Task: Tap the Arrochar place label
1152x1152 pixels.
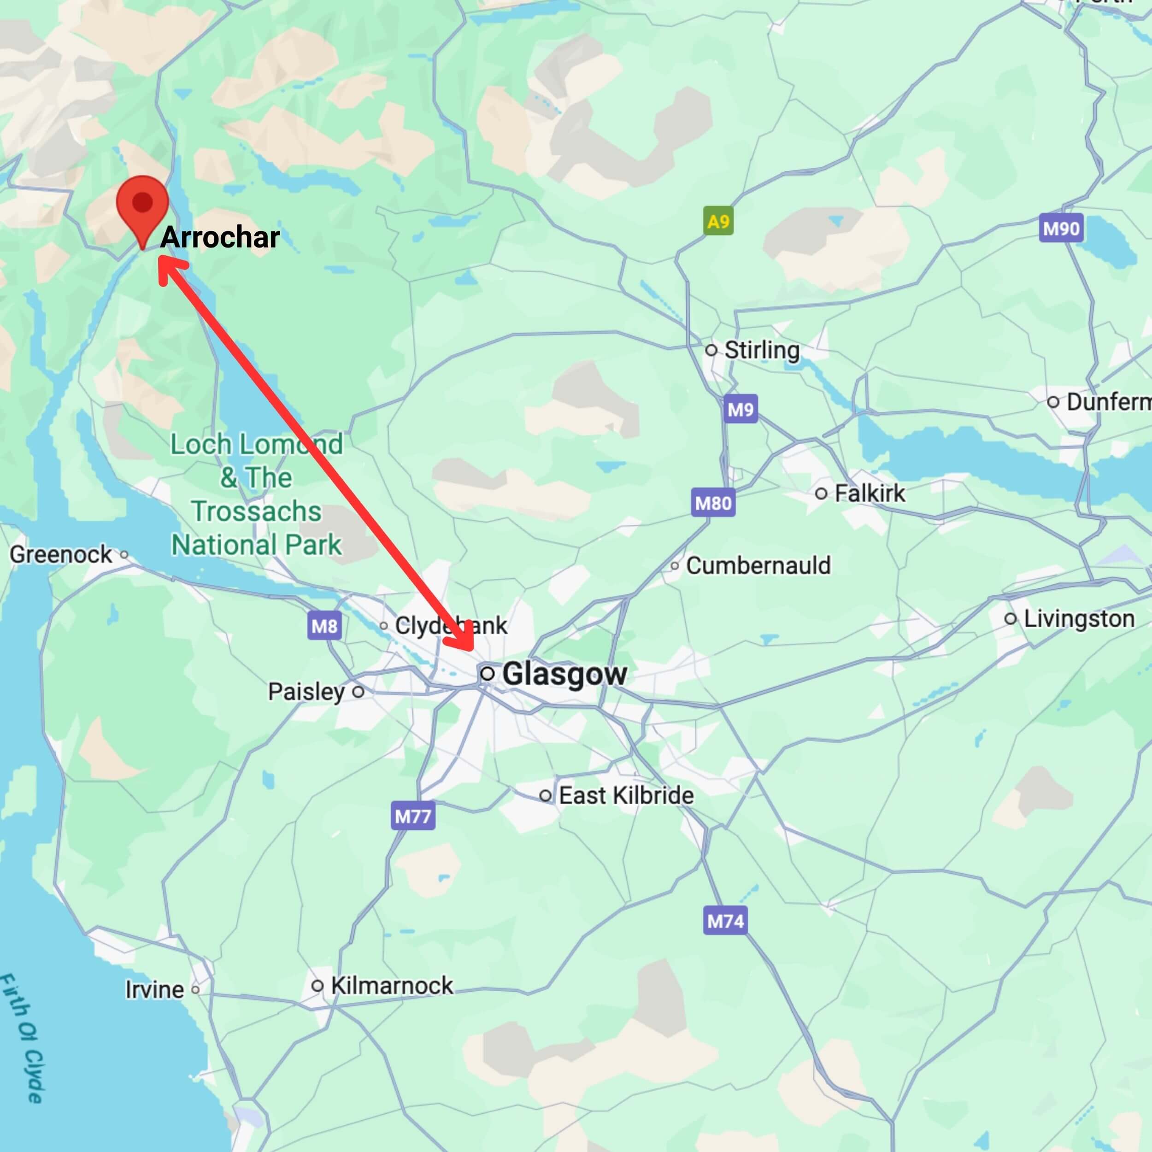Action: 219,237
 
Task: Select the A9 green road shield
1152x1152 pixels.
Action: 718,221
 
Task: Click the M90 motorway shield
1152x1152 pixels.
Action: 1061,229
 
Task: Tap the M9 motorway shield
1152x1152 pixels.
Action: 741,409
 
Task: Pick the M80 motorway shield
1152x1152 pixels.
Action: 713,503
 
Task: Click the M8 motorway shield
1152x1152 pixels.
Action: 324,626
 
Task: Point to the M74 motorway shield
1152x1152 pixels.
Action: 725,921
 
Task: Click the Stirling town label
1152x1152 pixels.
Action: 761,350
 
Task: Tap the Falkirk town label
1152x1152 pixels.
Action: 870,493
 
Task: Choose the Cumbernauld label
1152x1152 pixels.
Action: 758,565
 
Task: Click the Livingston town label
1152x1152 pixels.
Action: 1079,618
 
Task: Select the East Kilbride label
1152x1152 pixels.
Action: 626,795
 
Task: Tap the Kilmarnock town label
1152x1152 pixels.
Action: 392,986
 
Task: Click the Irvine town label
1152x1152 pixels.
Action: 154,990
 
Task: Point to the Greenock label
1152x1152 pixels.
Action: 61,554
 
